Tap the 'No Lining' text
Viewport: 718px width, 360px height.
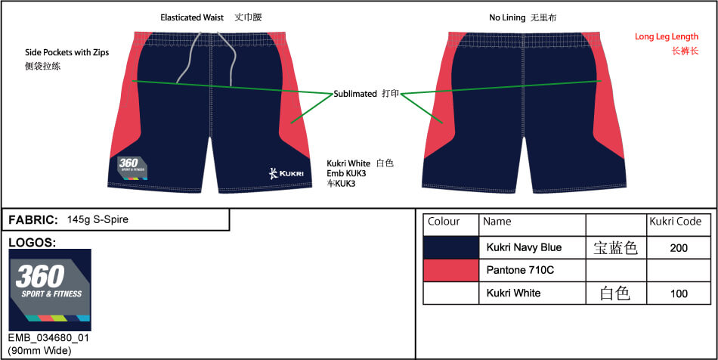(x=507, y=17)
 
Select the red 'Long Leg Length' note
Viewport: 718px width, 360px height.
(x=666, y=36)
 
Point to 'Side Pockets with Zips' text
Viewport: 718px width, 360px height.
(x=67, y=53)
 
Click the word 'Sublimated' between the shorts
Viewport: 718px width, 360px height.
(x=355, y=94)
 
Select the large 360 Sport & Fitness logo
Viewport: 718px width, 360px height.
(x=50, y=290)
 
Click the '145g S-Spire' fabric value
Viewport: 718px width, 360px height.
(x=97, y=220)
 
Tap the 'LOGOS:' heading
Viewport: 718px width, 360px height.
(x=32, y=242)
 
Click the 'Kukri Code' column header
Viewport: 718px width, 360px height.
(x=676, y=222)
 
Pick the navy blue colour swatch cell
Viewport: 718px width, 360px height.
(x=450, y=247)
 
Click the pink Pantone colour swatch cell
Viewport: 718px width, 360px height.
(x=450, y=270)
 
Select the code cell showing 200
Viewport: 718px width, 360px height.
(x=679, y=247)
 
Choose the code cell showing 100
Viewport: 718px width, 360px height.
(x=679, y=293)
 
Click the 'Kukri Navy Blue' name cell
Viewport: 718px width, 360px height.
(x=524, y=247)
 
